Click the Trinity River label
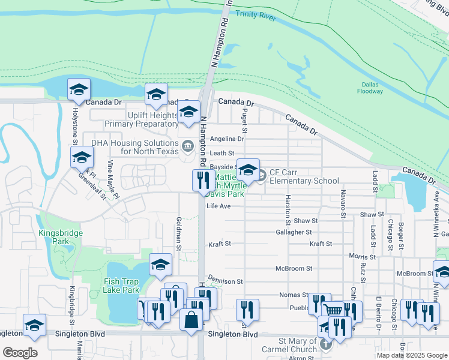tap(256, 17)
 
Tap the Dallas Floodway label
tap(369, 88)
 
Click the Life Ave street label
tap(218, 206)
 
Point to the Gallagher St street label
tap(294, 232)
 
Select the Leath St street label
tap(222, 154)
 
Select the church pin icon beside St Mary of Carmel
tap(325, 344)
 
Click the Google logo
tap(20, 352)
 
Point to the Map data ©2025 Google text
tap(412, 355)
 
